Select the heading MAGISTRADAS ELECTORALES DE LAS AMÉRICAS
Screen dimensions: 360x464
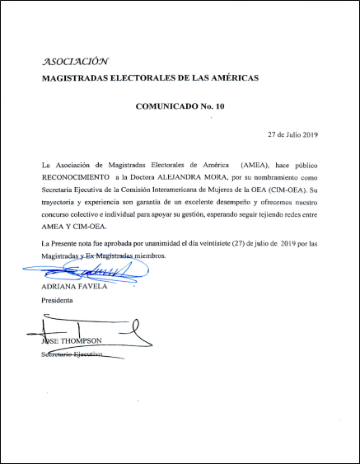pyautogui.click(x=151, y=78)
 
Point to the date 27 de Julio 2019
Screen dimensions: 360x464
pyautogui.click(x=298, y=134)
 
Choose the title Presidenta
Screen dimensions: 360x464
pyautogui.click(x=58, y=301)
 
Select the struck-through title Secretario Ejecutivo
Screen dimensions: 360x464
pyautogui.click(x=72, y=354)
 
